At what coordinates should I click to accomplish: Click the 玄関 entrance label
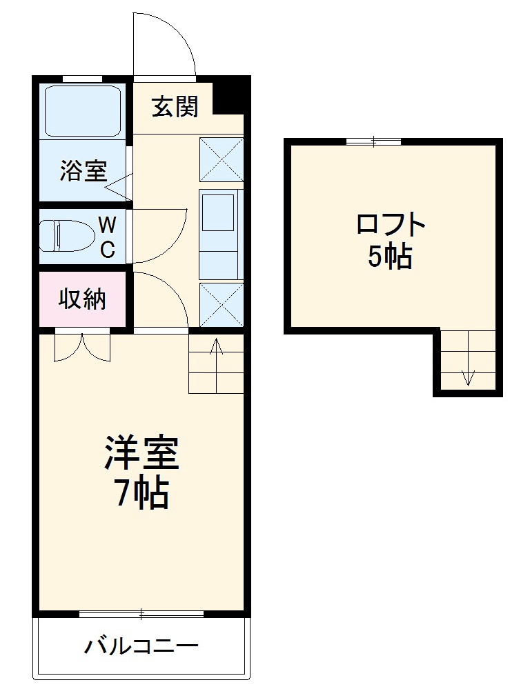click(175, 107)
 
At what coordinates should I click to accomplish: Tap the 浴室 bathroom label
click(83, 170)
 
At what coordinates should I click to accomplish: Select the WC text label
click(107, 237)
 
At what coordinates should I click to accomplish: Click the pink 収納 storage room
click(83, 300)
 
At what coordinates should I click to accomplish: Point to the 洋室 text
click(141, 452)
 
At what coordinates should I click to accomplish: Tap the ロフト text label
click(391, 225)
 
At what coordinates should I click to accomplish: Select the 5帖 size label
click(391, 257)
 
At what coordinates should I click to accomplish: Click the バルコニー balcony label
click(141, 647)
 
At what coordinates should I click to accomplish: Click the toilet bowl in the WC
click(67, 236)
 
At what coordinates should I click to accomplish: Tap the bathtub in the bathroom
click(83, 110)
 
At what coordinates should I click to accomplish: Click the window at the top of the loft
click(373, 141)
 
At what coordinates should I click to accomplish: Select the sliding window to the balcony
click(141, 613)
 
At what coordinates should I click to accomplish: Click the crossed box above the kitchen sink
click(222, 159)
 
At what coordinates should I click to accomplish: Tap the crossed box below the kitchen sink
click(222, 304)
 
